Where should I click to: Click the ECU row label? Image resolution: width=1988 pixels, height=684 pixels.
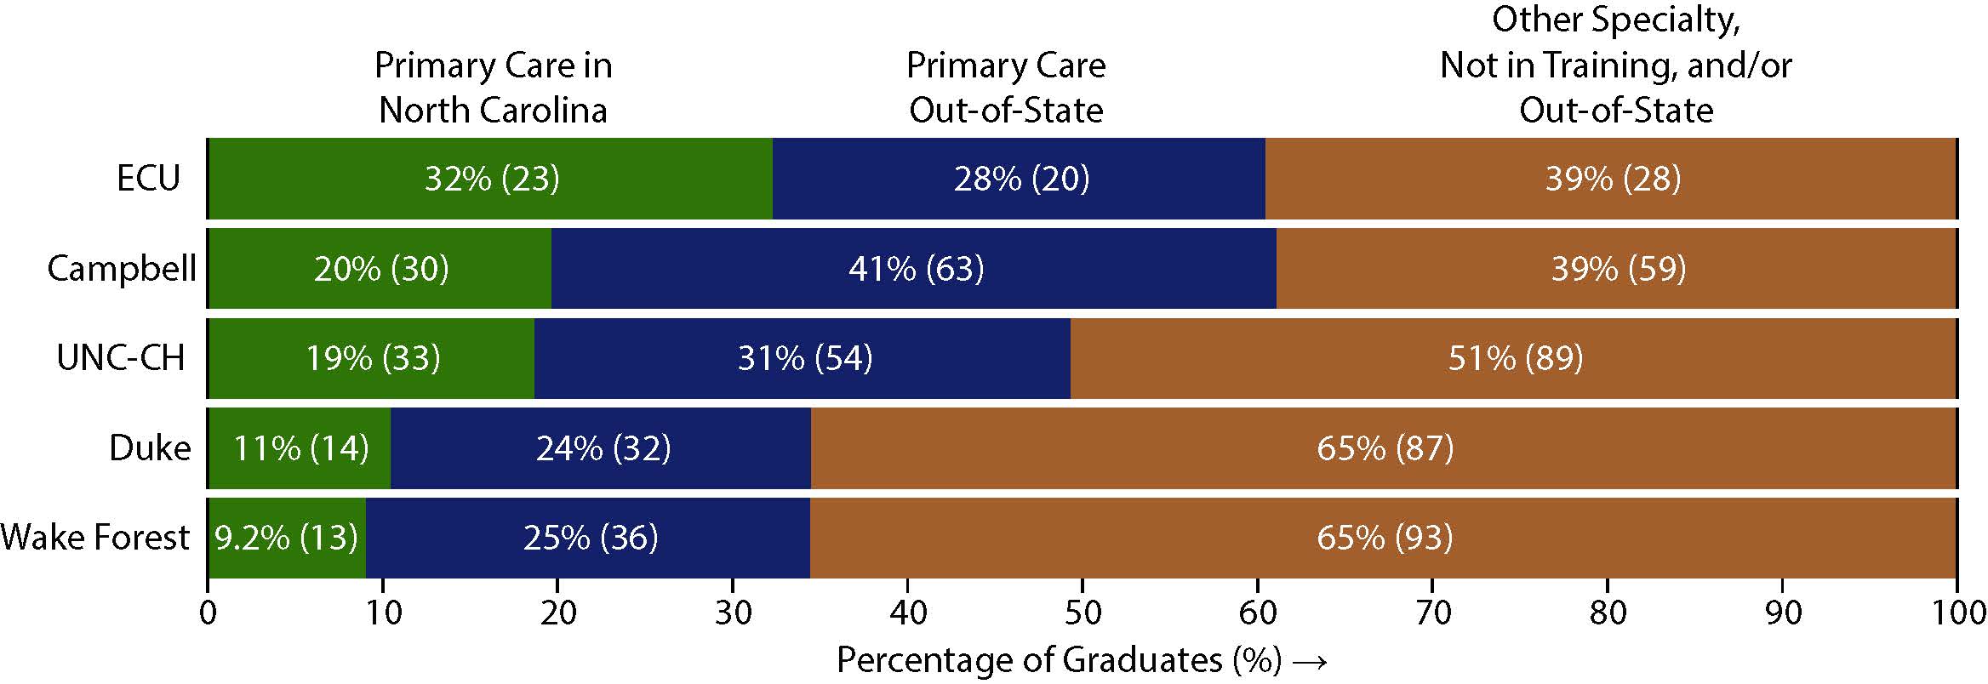coord(149,179)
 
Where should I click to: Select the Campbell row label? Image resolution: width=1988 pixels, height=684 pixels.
coord(122,269)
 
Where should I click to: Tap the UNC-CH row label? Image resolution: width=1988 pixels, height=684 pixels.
coord(121,358)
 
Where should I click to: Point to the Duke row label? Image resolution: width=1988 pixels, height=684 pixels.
coord(150,448)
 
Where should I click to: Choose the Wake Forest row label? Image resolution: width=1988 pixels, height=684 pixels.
coord(95,538)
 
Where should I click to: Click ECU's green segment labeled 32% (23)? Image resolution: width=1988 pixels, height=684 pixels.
coord(491,179)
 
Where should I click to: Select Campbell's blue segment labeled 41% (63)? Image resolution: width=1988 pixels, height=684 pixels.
coord(915,269)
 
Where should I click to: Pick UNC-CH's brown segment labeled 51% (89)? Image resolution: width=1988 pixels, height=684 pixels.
coord(1515,358)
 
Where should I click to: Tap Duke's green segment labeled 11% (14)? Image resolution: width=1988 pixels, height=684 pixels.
coord(300,448)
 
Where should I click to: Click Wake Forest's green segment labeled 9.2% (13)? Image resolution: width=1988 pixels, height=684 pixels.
coord(286,538)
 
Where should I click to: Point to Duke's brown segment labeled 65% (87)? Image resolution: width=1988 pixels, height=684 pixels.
coord(1385,448)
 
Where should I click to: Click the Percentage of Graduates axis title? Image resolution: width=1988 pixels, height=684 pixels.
coord(1059,660)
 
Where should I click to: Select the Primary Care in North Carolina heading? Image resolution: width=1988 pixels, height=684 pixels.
coord(494,88)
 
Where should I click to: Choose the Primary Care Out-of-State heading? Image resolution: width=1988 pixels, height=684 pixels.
coord(1006,88)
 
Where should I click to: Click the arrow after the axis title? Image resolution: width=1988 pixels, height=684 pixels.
coord(1308,662)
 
